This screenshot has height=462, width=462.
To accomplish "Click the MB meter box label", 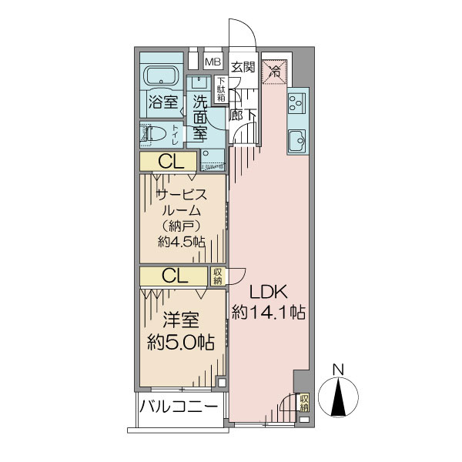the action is click(213, 62).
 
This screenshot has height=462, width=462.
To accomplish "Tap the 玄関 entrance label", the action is click(243, 67).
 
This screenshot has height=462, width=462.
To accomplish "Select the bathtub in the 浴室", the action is click(161, 75).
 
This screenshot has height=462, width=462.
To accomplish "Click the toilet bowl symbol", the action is click(154, 134).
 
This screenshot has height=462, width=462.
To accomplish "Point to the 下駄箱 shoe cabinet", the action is click(221, 89).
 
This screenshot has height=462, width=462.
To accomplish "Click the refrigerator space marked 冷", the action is click(275, 72).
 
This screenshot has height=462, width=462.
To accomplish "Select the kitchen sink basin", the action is click(297, 141).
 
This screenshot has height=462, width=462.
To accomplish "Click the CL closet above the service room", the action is click(168, 161).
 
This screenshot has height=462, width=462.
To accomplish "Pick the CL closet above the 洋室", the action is click(174, 276).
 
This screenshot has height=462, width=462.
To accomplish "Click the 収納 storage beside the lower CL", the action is click(218, 276).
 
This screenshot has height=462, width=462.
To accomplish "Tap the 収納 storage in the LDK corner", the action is click(304, 403).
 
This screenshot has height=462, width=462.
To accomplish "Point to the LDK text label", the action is click(268, 292).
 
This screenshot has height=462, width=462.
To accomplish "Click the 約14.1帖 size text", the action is click(269, 312).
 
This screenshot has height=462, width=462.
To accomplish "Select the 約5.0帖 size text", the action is click(181, 343).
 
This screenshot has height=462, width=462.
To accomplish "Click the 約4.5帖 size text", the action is click(182, 243).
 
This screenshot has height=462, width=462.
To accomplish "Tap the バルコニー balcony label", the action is click(179, 407).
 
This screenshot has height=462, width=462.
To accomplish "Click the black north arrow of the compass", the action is click(338, 397).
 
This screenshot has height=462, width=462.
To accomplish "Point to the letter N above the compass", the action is click(338, 370).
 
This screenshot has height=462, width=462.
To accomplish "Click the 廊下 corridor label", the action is click(243, 115).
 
